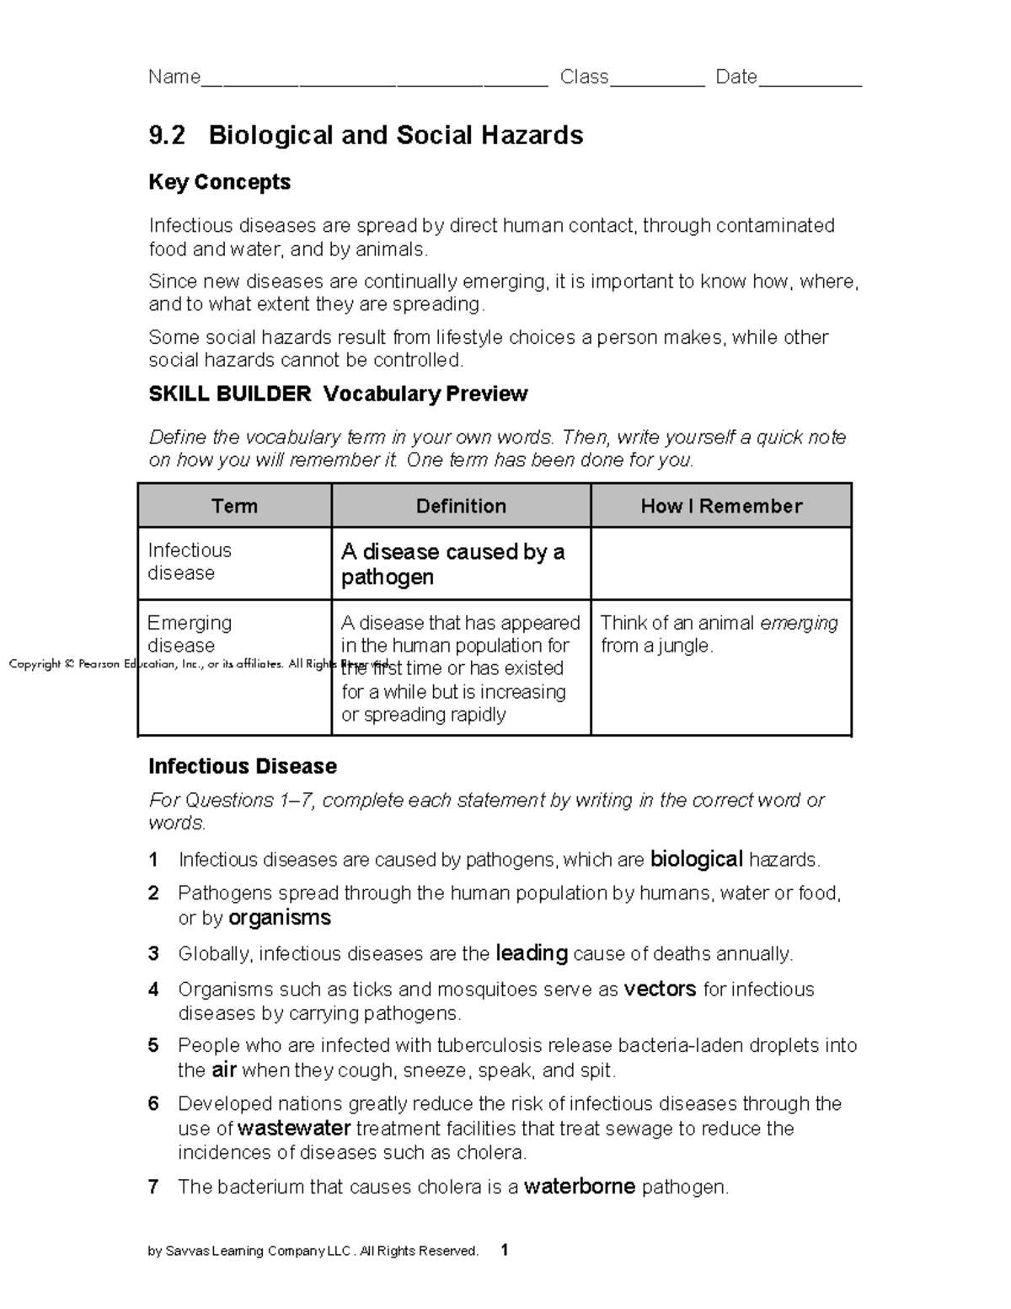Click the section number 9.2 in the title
(x=166, y=136)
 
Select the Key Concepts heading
(x=219, y=182)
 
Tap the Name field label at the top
(x=174, y=78)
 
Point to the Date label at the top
(x=736, y=78)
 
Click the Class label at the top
(x=584, y=78)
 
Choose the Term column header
(x=234, y=506)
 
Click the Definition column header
(x=461, y=506)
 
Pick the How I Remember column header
(x=721, y=506)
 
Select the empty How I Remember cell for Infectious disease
(x=721, y=563)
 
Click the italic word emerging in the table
(x=799, y=623)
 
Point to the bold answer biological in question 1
(x=696, y=860)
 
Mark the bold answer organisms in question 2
(x=280, y=918)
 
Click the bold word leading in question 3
(x=532, y=953)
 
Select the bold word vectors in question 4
(x=660, y=989)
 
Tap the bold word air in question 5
(x=223, y=1070)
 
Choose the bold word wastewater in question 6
(x=294, y=1129)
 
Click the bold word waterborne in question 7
(x=580, y=1187)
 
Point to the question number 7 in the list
(x=153, y=1188)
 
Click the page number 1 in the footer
(x=504, y=1250)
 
